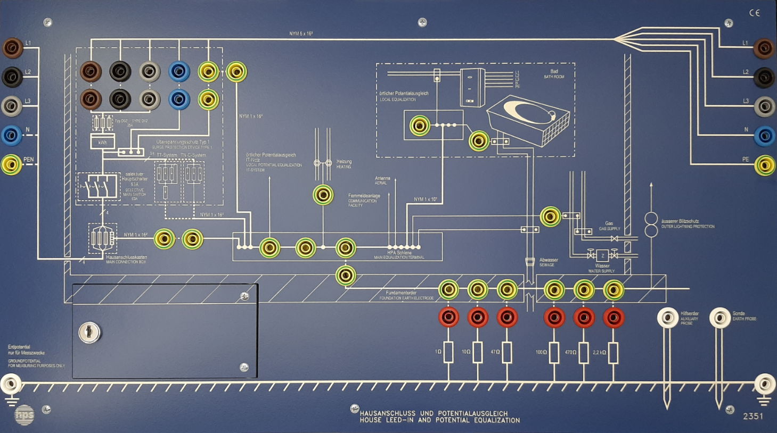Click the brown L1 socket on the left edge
click(12, 48)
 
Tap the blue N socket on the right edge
click(764, 136)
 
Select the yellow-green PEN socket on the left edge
click(11, 165)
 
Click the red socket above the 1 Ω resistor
click(448, 318)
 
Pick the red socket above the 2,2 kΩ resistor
click(614, 318)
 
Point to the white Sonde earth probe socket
click(719, 318)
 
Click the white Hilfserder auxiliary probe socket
click(667, 318)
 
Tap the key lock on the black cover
click(89, 332)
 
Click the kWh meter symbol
click(102, 142)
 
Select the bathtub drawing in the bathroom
click(529, 120)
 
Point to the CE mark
click(755, 13)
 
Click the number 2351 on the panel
click(753, 416)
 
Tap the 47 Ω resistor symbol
click(506, 352)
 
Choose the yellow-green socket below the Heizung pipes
click(323, 195)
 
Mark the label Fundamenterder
click(400, 293)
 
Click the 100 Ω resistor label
click(541, 352)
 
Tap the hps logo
click(24, 414)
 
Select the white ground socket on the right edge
click(765, 384)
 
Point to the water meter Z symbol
click(602, 256)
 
